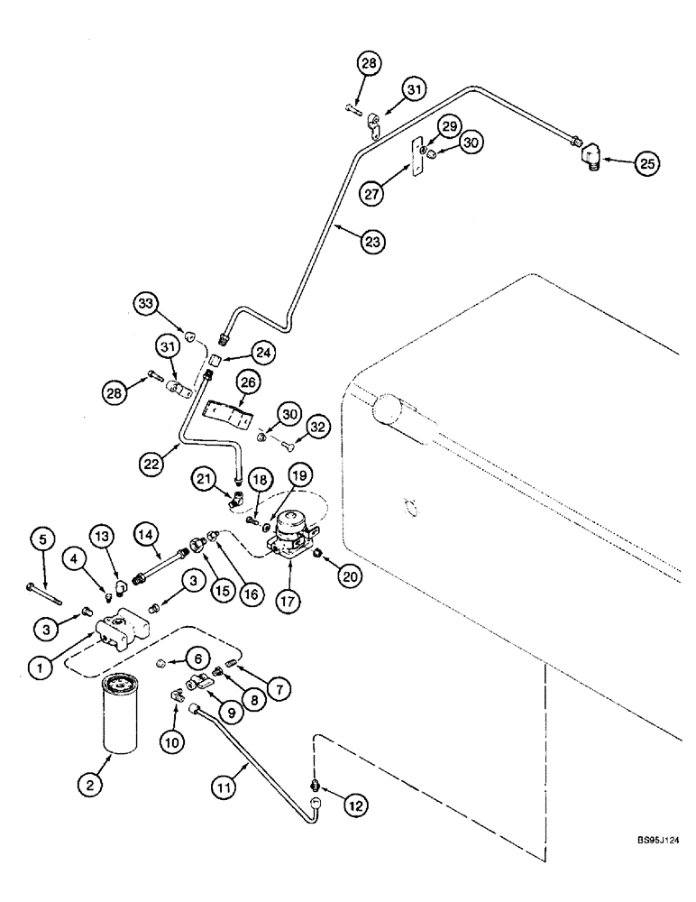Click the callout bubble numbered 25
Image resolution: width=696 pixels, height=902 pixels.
pos(647,163)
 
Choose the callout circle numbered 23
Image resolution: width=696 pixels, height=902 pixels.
pos(371,241)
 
